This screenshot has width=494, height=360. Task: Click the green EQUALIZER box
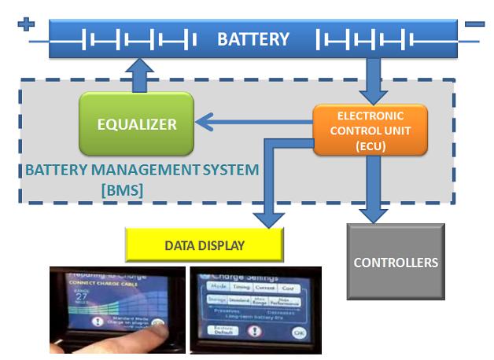coord(136,123)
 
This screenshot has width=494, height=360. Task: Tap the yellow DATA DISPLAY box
coord(205,245)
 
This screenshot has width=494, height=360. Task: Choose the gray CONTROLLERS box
coord(396,262)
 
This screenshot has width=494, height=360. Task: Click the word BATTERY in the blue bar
coord(253,39)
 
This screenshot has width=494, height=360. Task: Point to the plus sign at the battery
coord(27,25)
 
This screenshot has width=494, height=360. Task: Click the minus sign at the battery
coord(474,25)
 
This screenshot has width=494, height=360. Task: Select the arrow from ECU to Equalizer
coord(252,122)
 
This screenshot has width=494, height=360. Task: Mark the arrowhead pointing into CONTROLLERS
coord(374,214)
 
